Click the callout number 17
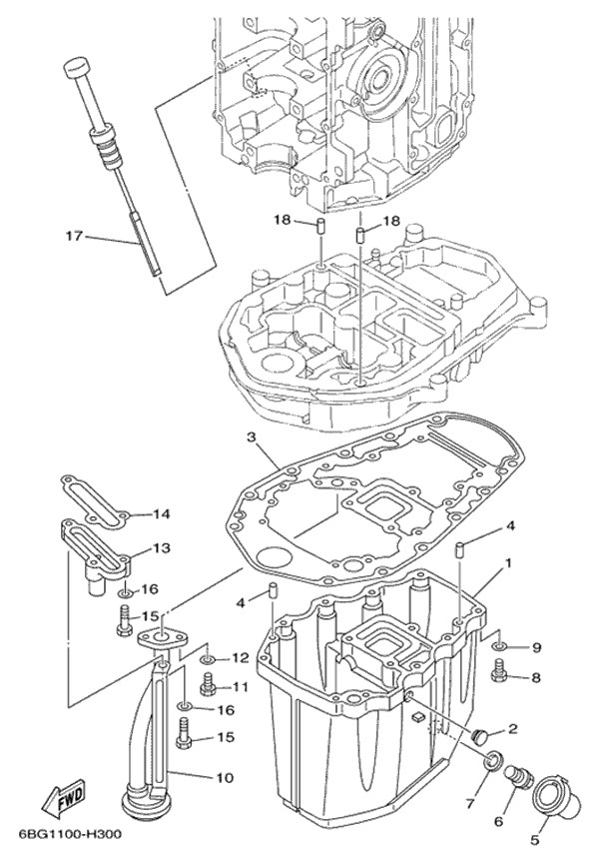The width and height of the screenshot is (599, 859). [x=73, y=237]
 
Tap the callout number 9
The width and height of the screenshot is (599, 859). [x=536, y=647]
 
